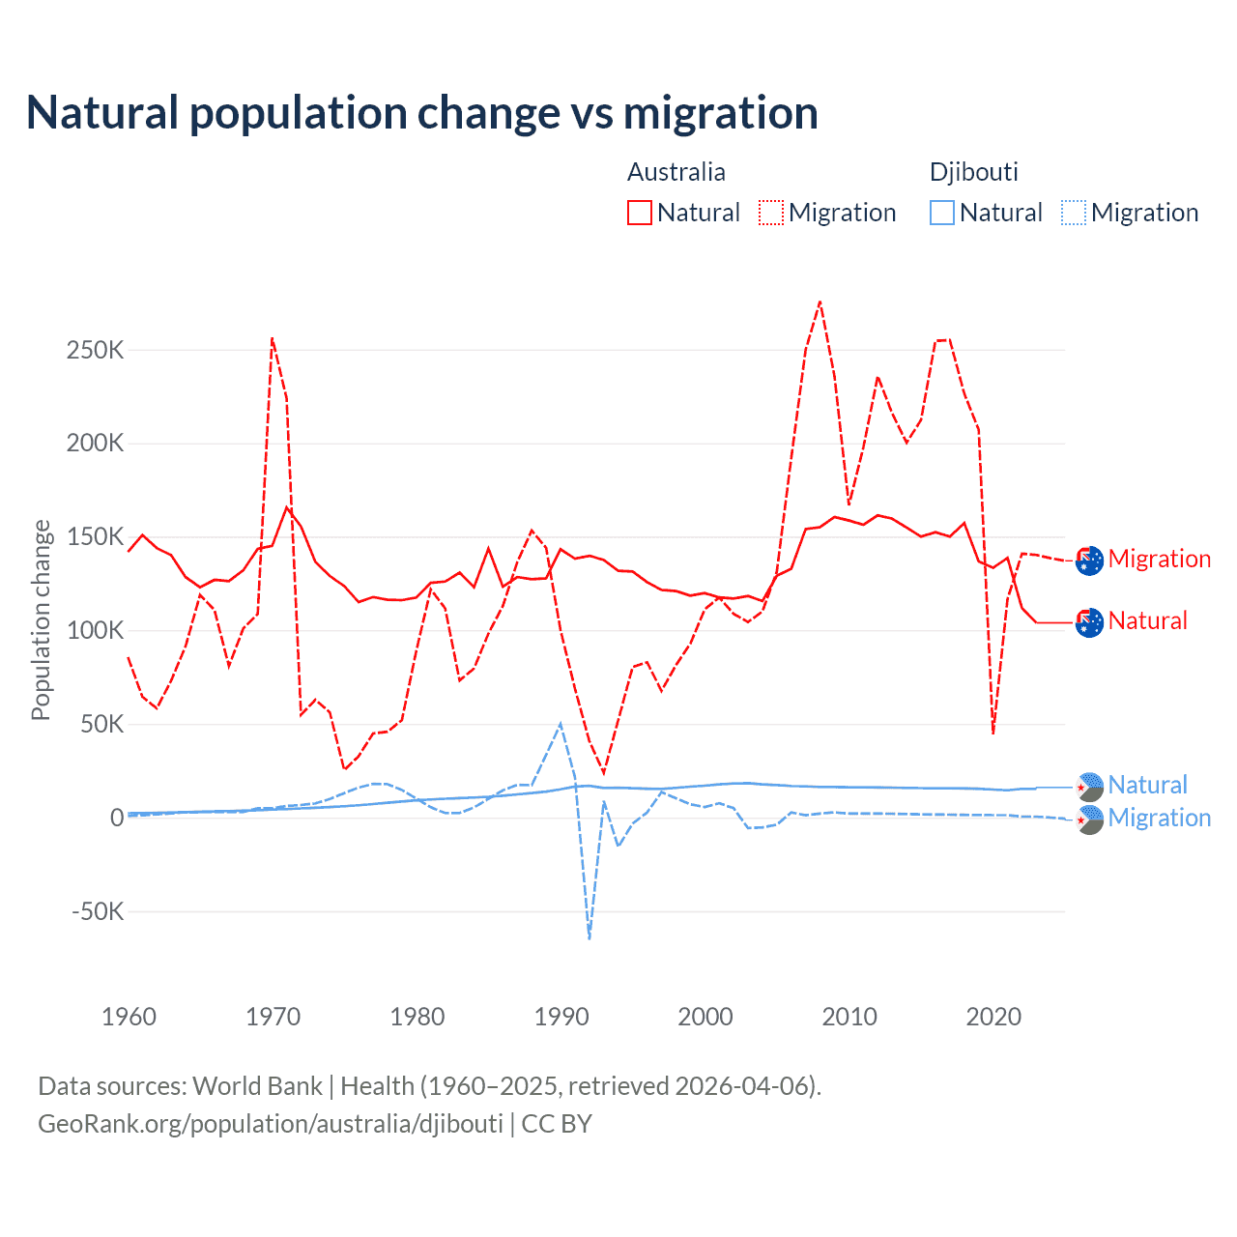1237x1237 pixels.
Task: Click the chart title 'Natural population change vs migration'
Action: (x=421, y=113)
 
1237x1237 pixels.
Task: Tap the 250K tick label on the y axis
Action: (x=96, y=350)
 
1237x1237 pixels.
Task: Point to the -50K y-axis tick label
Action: (x=98, y=911)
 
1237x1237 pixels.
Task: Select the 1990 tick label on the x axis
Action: (x=561, y=1017)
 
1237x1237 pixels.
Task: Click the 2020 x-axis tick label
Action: (x=993, y=1017)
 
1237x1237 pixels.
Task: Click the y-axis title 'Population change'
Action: (x=41, y=619)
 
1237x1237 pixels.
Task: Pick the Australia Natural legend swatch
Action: (x=640, y=213)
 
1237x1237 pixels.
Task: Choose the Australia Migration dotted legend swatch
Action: (x=771, y=213)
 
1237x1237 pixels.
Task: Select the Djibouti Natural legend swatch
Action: (x=942, y=213)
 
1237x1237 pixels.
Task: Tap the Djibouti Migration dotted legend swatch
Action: (x=1074, y=213)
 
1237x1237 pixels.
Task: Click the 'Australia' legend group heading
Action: (x=676, y=172)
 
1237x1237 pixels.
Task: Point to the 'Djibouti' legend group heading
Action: (x=973, y=172)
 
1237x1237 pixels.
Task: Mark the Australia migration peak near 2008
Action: (x=820, y=302)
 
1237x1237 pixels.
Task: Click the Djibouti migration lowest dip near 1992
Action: (x=590, y=937)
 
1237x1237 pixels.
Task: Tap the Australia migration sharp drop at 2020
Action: (x=992, y=733)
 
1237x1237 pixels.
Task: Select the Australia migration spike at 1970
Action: (x=273, y=338)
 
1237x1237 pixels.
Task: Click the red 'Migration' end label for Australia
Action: (x=1159, y=559)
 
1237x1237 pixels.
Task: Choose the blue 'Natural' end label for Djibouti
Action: (x=1147, y=785)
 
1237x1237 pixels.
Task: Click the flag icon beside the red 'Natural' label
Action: (x=1089, y=622)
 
